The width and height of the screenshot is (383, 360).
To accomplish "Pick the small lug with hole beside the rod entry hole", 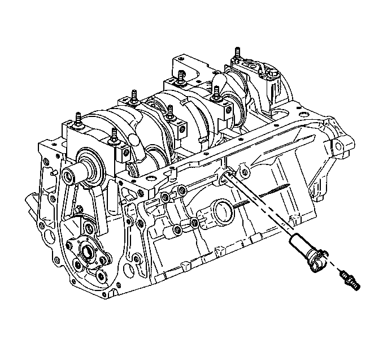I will pos(243,167).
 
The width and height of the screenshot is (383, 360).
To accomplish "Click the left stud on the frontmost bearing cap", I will pos(78,120).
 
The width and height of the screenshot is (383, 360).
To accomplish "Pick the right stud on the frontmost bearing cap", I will pos(115,135).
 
